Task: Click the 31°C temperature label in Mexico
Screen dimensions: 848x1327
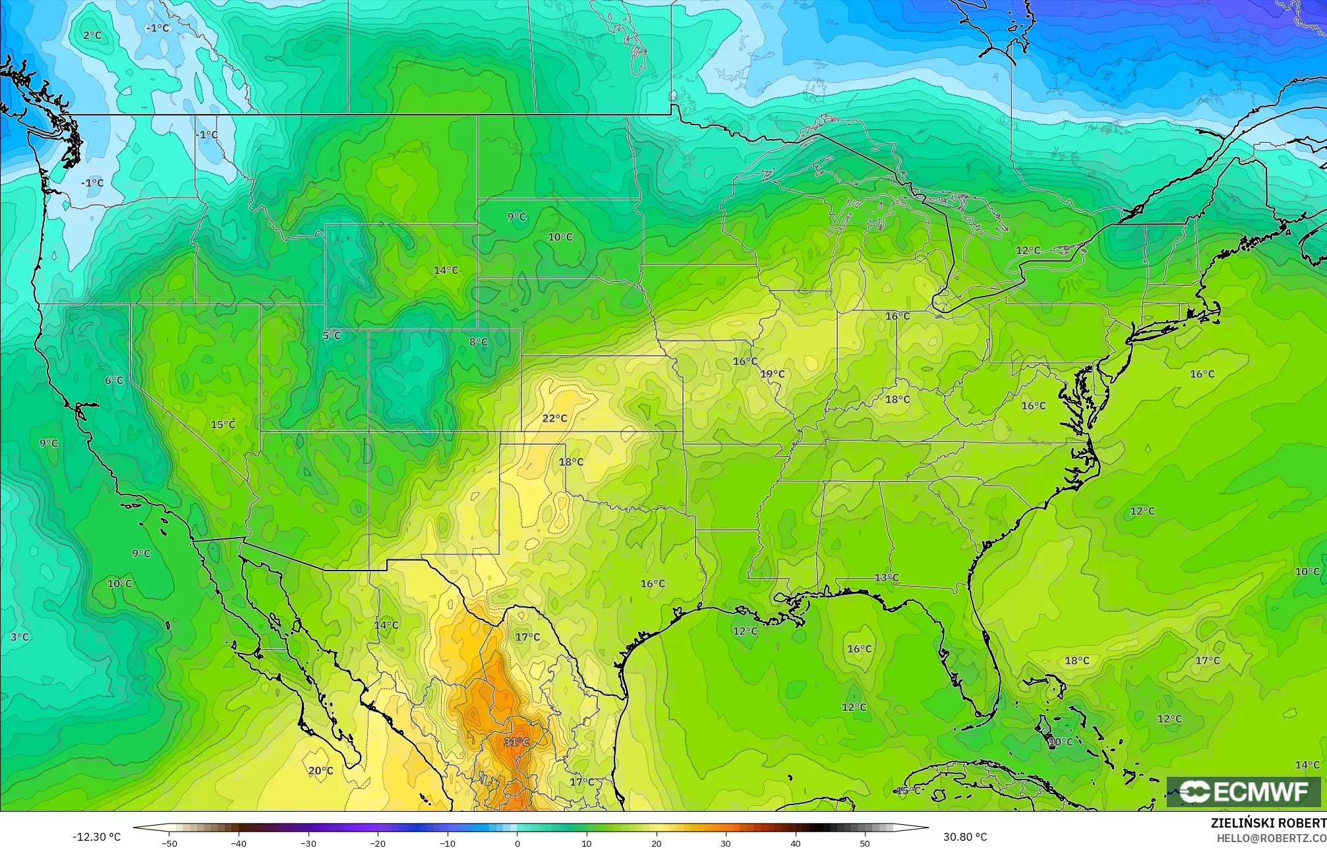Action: tap(516, 742)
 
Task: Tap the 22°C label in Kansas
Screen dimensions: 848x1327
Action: tap(554, 418)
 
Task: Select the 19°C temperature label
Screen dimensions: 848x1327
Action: tap(773, 374)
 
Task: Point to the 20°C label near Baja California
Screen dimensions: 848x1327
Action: tap(320, 770)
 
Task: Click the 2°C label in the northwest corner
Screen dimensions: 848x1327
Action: tap(92, 35)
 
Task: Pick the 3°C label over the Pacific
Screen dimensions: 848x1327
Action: tap(20, 637)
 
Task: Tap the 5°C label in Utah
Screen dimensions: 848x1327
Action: tap(332, 335)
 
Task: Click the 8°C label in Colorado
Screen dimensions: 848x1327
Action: tap(479, 342)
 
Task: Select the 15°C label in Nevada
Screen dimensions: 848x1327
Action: tap(223, 424)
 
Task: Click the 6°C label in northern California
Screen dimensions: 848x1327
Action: tap(114, 380)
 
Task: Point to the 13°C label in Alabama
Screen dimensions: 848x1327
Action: tap(887, 578)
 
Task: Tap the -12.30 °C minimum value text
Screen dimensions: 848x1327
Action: tap(96, 837)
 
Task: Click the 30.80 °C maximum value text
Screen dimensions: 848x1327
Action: tap(965, 837)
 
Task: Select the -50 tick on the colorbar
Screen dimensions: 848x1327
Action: tap(169, 843)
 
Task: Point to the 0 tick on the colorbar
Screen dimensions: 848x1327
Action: tap(517, 843)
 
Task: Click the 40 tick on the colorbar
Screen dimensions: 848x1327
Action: tap(795, 843)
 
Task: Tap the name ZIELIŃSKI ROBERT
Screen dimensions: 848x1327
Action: tap(1268, 823)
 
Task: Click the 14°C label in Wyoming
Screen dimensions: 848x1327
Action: tap(446, 270)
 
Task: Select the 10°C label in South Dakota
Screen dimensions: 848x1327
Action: tap(560, 237)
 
